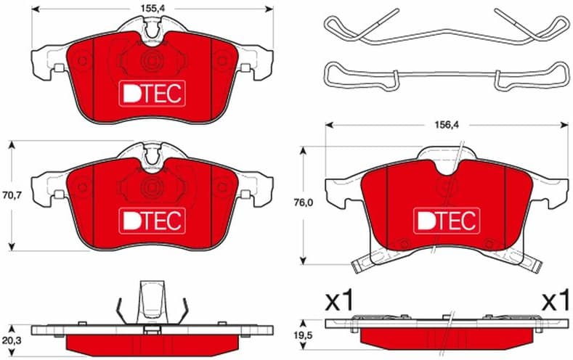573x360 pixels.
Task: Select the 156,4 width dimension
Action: [x=446, y=125]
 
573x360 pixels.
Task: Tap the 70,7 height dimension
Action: [x=12, y=195]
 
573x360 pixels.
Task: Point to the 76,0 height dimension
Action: [x=303, y=202]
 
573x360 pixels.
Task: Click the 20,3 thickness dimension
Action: [x=12, y=340]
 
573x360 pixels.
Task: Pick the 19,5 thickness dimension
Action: [x=303, y=335]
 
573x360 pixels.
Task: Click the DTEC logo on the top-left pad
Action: [x=152, y=94]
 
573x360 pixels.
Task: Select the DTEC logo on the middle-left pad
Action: [x=152, y=221]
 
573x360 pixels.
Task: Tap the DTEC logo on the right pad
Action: [x=447, y=221]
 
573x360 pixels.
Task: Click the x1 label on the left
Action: [x=339, y=300]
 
